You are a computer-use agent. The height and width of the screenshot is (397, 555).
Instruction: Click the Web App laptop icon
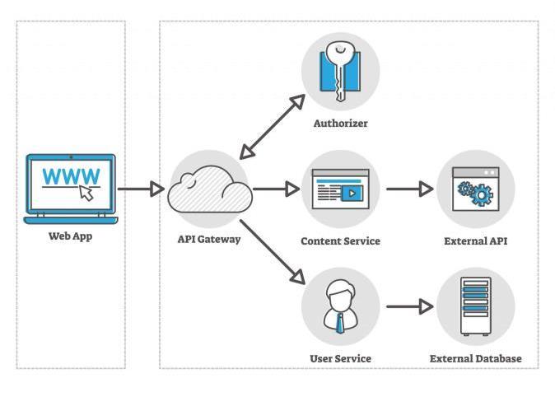click(71, 189)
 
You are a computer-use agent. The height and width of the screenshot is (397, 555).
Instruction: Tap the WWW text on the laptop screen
click(71, 175)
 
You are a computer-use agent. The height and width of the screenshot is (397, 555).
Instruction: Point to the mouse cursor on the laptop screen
click(86, 193)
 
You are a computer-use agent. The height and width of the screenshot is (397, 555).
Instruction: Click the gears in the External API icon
click(474, 194)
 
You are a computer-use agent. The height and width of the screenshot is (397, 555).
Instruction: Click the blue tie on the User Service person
click(340, 322)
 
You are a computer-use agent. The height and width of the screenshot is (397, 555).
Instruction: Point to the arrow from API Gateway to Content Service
click(277, 189)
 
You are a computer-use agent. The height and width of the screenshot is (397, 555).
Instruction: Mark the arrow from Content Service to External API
click(409, 189)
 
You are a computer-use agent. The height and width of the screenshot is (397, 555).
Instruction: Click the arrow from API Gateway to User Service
click(271, 252)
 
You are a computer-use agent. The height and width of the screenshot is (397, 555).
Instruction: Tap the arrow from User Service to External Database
click(409, 308)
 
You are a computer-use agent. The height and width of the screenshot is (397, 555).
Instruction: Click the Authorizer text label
click(340, 124)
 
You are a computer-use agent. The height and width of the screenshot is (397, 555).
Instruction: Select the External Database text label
click(475, 359)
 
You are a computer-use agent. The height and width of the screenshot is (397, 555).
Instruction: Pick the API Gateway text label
click(209, 240)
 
